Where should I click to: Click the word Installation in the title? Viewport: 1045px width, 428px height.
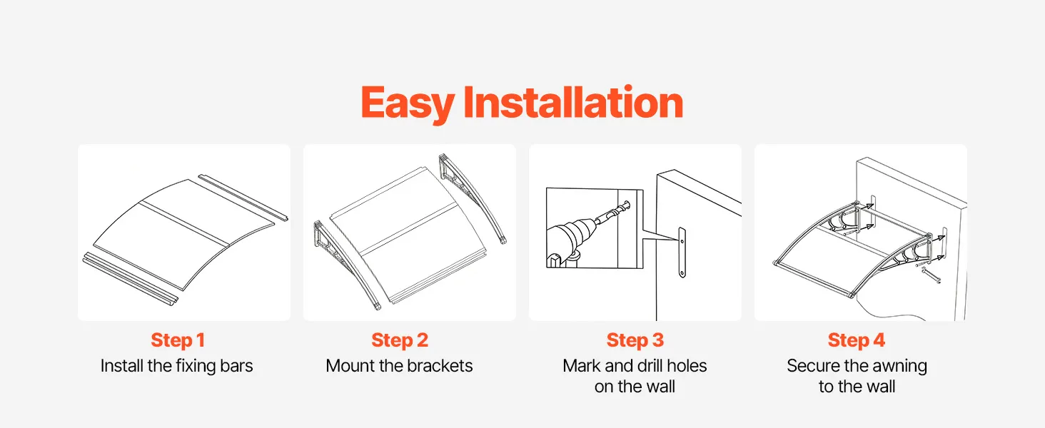point(573,101)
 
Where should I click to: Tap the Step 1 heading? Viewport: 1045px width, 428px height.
point(178,340)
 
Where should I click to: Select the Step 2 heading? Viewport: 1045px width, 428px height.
point(400,340)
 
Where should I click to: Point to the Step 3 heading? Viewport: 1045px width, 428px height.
point(635,340)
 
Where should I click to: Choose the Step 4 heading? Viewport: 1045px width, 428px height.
point(857,340)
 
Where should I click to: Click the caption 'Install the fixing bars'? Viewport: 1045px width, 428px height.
point(177,366)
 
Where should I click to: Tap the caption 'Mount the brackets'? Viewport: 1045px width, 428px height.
point(399,366)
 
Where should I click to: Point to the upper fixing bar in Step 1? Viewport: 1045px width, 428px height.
point(243,198)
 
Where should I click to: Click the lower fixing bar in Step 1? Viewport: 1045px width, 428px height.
point(130,280)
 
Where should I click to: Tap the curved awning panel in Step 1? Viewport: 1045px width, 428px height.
point(184,233)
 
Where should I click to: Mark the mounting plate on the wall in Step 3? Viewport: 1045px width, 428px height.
point(682,253)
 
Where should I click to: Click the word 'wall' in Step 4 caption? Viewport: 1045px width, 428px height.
point(880,387)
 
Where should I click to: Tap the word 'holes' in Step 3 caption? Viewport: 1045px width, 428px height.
point(689,366)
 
